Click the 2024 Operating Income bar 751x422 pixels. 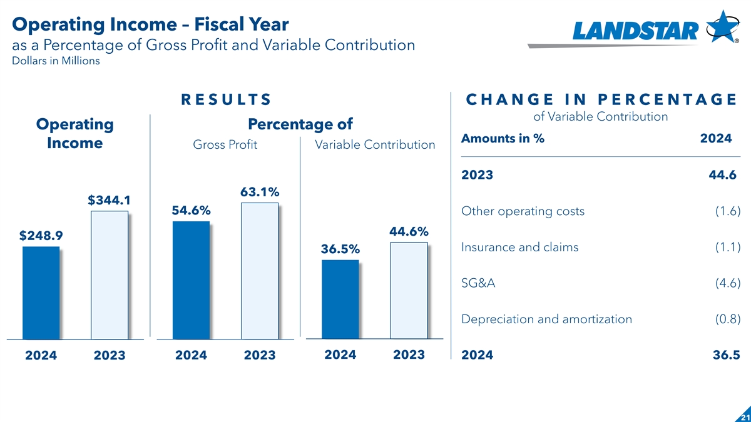[x=41, y=293]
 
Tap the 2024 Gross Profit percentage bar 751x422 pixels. [x=191, y=280]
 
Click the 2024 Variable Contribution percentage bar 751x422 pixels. [x=340, y=299]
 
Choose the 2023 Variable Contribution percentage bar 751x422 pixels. [x=409, y=291]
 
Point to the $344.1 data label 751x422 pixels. [x=109, y=200]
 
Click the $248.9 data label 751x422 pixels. [x=40, y=236]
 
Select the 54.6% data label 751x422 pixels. [x=191, y=211]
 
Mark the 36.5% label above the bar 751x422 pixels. [x=340, y=249]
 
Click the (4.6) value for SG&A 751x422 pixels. [x=728, y=283]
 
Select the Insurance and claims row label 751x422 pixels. [x=519, y=247]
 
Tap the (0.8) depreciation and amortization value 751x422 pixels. [x=728, y=319]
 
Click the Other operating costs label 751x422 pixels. [x=523, y=211]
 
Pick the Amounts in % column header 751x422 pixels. [x=503, y=139]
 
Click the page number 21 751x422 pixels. [x=743, y=417]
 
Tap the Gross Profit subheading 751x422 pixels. [x=225, y=144]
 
